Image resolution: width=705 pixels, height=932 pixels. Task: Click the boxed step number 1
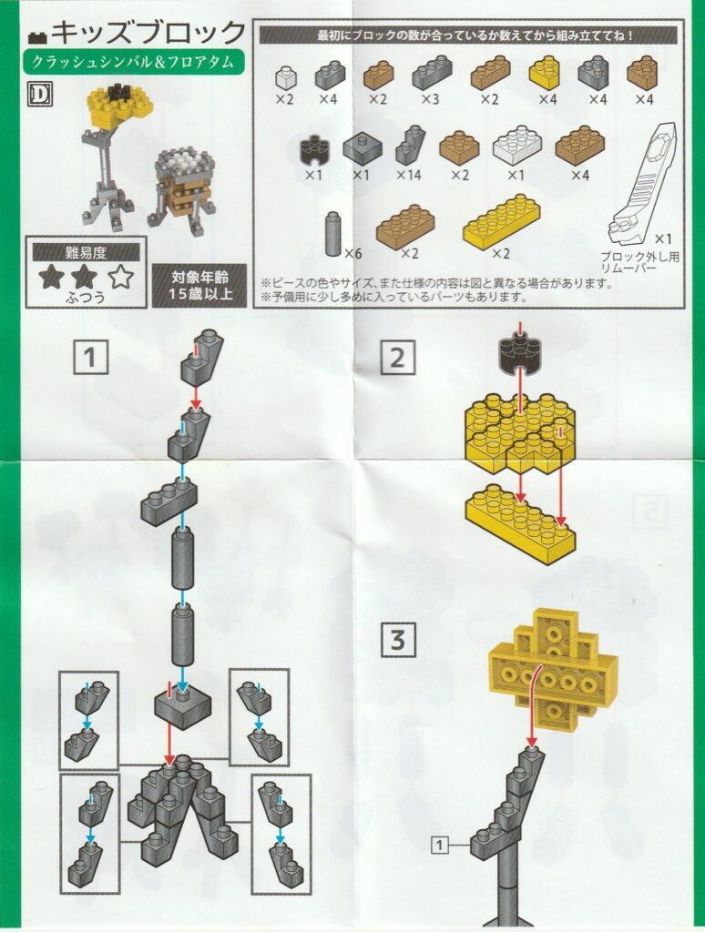coord(90,357)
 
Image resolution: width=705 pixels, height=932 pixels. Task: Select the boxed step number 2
coord(397,357)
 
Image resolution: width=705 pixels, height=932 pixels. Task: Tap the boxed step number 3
coord(397,640)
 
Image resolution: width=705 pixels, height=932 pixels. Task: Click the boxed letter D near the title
coord(40,96)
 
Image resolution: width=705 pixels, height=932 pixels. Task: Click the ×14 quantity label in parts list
coord(409,176)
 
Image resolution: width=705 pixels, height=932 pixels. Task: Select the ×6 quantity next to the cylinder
coord(352,254)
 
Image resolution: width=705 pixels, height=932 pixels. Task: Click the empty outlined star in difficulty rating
coord(121,277)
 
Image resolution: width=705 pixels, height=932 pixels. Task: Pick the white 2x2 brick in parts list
coord(517,144)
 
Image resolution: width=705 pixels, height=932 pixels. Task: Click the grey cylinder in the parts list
coord(333,234)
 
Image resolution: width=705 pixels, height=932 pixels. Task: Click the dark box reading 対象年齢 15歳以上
coord(199,285)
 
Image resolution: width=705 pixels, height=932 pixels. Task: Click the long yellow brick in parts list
coord(503,222)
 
